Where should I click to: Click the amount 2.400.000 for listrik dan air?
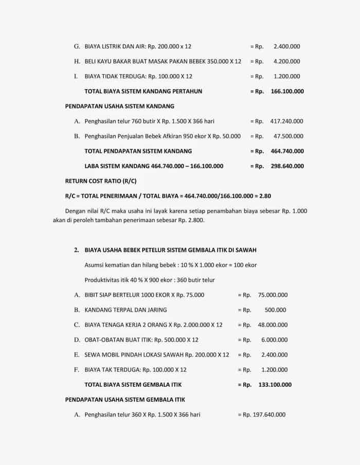[286, 46]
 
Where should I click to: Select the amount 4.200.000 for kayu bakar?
[286, 61]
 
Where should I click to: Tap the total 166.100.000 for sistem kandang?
[287, 92]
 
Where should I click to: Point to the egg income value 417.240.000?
[286, 121]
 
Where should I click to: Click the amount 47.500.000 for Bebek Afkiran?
[288, 136]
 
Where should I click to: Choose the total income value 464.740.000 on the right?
[287, 151]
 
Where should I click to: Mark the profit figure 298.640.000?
[287, 166]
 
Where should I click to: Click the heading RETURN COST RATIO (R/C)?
[100, 181]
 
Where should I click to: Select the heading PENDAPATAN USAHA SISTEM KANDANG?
[119, 106]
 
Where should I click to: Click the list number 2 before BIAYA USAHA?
[76, 250]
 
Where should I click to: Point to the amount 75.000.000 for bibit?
[273, 295]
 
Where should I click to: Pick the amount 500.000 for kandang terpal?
[275, 310]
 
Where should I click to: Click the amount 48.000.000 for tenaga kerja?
[273, 325]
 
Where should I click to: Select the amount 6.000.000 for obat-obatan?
[274, 340]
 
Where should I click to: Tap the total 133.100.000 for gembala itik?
[275, 385]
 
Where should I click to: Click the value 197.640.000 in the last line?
[269, 415]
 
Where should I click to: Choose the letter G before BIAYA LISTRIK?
[77, 46]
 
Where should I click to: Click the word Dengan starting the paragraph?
[75, 211]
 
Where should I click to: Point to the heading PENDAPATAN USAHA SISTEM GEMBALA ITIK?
[125, 400]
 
